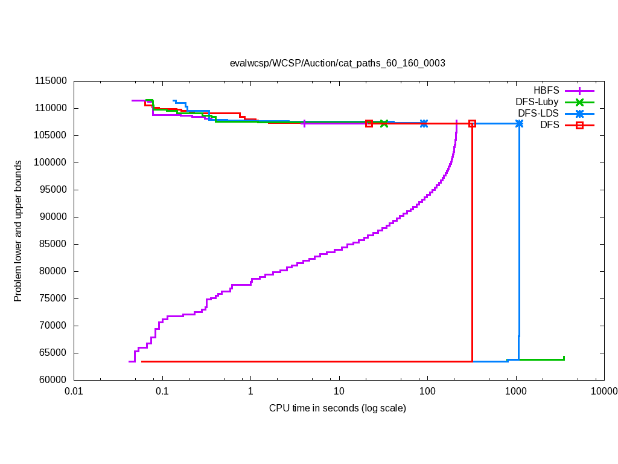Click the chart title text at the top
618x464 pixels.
(x=337, y=63)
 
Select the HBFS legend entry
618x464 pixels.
(x=545, y=91)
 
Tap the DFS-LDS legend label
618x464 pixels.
(x=538, y=114)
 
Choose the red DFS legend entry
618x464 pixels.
(x=549, y=125)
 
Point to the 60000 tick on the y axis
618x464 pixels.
(x=51, y=380)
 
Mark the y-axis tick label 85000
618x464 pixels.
(x=51, y=244)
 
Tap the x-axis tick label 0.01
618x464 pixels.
(x=74, y=391)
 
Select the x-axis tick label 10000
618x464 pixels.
(x=604, y=391)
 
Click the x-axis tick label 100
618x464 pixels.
(x=427, y=391)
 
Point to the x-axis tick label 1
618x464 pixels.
(x=250, y=391)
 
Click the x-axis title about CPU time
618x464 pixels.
(x=337, y=408)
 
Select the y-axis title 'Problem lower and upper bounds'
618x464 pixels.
(x=18, y=231)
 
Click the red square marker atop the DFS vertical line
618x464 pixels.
(x=472, y=123)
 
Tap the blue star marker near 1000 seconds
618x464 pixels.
(x=519, y=123)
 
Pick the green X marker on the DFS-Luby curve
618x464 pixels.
(x=384, y=123)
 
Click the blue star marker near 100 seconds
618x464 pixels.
(x=424, y=123)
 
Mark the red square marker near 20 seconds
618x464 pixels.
(x=369, y=123)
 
